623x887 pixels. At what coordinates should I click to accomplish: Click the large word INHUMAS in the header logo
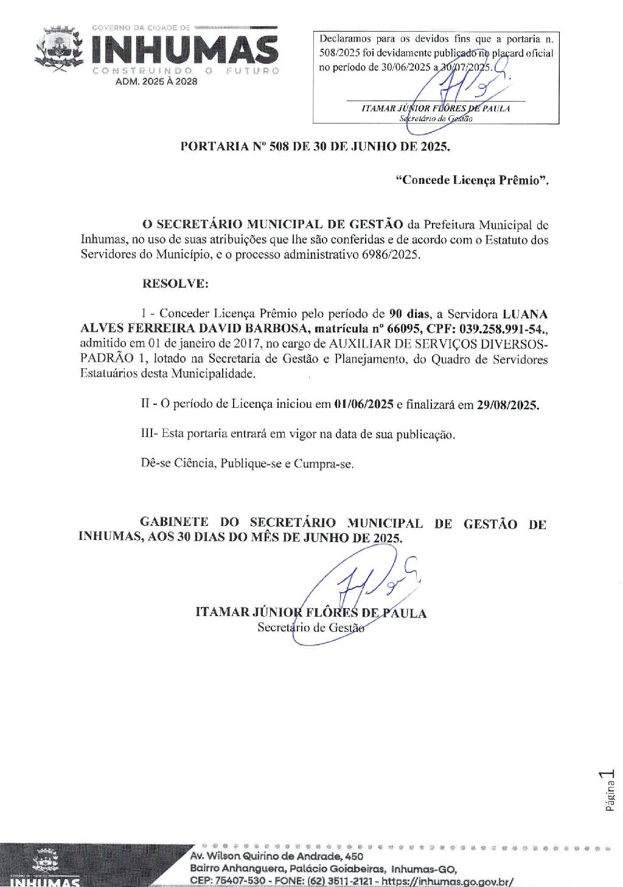click(185, 50)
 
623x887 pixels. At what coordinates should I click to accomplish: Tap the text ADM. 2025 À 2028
click(156, 82)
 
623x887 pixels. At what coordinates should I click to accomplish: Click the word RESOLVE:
click(175, 284)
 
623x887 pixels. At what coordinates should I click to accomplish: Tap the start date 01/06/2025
click(364, 404)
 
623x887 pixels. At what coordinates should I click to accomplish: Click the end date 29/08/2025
click(507, 405)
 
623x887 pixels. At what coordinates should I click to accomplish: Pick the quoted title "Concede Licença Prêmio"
click(472, 180)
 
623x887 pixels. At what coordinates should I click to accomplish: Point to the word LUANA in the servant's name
click(524, 314)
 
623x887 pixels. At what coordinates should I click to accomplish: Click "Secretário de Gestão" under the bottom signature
click(311, 627)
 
